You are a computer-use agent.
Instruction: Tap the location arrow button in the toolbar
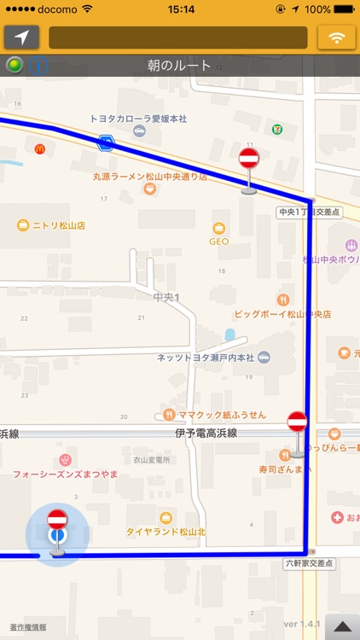(21, 38)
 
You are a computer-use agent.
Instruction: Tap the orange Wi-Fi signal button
(336, 38)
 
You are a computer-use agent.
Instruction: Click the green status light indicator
(14, 66)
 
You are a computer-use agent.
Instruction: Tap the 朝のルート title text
(179, 66)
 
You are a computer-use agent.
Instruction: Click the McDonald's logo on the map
(39, 149)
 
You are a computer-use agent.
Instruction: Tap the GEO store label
(219, 241)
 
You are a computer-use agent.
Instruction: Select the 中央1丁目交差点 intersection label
(309, 212)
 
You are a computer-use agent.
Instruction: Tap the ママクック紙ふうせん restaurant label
(221, 415)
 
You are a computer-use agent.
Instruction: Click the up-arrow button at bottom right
(341, 625)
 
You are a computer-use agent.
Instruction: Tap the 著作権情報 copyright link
(28, 627)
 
